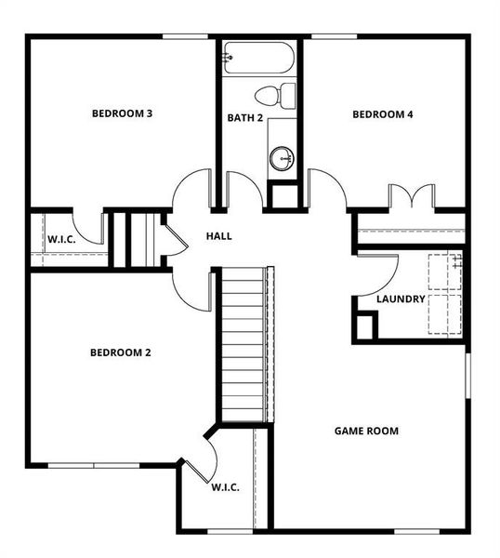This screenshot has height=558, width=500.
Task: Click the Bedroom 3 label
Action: click(122, 113)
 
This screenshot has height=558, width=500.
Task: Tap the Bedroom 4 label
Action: click(382, 114)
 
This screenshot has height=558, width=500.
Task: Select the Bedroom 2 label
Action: click(120, 352)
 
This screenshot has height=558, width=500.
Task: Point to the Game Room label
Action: click(366, 431)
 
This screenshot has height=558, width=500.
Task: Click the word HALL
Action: click(218, 236)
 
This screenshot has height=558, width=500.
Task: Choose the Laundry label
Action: click(401, 299)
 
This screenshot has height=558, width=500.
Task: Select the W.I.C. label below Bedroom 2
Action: click(226, 486)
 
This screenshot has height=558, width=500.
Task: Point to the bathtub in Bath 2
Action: click(258, 60)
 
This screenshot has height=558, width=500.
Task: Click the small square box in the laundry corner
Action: click(364, 325)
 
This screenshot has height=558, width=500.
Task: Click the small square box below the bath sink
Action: click(283, 194)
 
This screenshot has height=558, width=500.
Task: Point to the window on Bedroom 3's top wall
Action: click(186, 36)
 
